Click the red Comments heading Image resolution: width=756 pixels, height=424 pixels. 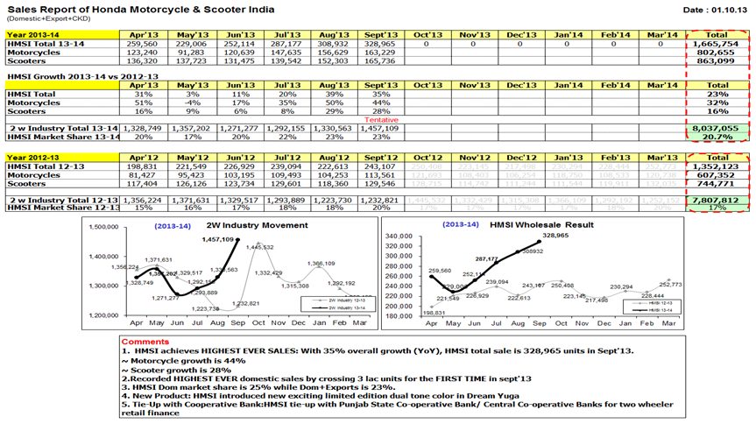[145, 342]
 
